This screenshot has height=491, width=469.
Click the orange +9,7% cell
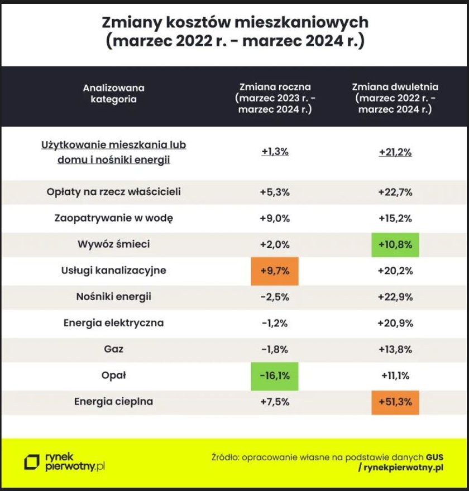tap(275, 271)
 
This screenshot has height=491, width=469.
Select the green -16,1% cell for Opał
tap(275, 376)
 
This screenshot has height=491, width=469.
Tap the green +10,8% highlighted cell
tap(395, 245)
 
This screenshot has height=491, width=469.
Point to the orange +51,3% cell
tap(395, 402)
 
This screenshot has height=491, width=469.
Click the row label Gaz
tap(114, 349)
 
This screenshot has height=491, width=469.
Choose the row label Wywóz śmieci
tap(114, 244)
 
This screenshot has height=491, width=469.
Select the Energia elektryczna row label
tap(114, 323)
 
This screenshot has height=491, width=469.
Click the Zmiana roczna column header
tap(275, 98)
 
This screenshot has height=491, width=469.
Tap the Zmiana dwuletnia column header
tap(395, 98)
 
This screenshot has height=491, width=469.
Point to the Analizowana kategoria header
tap(114, 93)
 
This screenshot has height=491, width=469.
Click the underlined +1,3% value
tap(275, 152)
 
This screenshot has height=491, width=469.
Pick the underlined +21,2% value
tap(395, 152)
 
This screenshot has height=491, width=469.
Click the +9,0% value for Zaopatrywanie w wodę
tap(275, 218)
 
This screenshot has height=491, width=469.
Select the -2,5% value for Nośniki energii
tap(275, 297)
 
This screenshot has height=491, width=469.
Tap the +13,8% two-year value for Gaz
tap(395, 349)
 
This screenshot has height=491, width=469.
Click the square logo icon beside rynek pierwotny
tap(32, 463)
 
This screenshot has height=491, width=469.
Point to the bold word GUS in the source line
tap(434, 457)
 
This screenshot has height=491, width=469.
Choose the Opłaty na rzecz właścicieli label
tap(114, 191)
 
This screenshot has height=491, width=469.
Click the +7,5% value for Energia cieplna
tap(275, 402)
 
